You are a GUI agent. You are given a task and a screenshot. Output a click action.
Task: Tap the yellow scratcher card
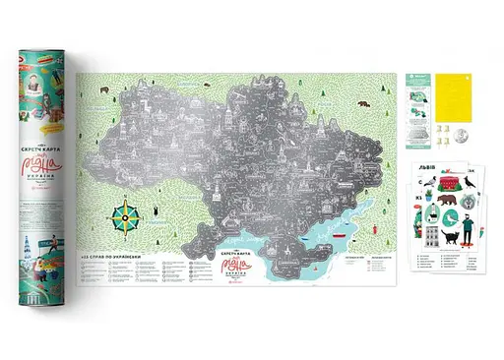[453, 92]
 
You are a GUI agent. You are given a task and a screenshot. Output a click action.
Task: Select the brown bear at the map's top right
[361, 100]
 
